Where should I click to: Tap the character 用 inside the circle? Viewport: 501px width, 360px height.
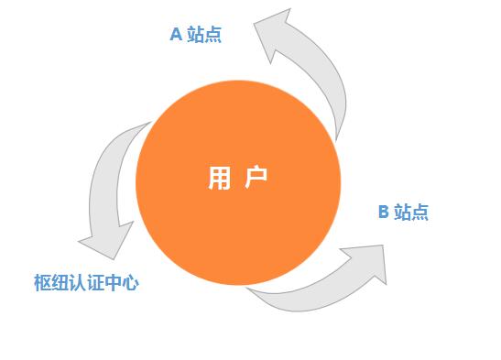click(x=219, y=179)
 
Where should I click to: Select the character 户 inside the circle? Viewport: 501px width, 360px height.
click(x=257, y=179)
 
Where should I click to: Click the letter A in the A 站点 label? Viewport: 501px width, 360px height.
click(x=176, y=35)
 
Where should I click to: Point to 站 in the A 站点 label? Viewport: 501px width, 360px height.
click(x=196, y=35)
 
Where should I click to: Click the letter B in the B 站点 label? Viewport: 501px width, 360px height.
click(x=384, y=213)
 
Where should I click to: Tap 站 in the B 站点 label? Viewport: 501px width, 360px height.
click(x=403, y=213)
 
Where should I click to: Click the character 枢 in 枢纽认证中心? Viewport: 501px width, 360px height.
click(x=39, y=283)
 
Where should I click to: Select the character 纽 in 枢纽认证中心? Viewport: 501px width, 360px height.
click(x=58, y=283)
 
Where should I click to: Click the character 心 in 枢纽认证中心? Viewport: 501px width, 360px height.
click(x=130, y=283)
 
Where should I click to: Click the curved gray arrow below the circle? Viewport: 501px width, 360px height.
click(x=302, y=293)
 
